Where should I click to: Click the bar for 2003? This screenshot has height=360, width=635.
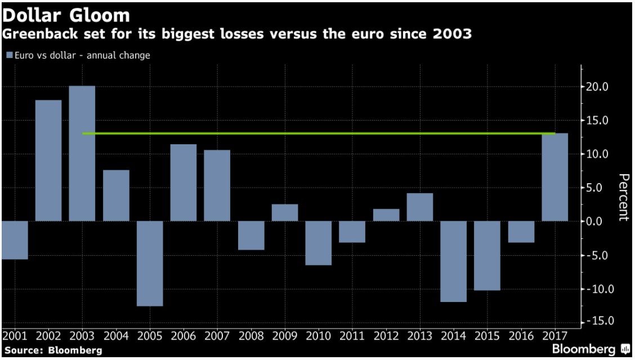pyautogui.click(x=82, y=153)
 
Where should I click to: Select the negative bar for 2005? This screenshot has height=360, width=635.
pyautogui.click(x=150, y=263)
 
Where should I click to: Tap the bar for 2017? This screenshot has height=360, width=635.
pyautogui.click(x=554, y=177)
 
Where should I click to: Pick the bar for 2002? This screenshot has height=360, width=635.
pyautogui.click(x=48, y=161)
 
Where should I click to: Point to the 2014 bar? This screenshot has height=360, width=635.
pyautogui.click(x=453, y=261)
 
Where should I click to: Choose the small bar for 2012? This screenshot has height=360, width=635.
pyautogui.click(x=386, y=215)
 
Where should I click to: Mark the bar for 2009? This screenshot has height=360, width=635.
pyautogui.click(x=285, y=212)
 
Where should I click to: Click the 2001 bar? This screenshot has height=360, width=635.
pyautogui.click(x=15, y=240)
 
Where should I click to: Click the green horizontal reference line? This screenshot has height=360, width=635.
pyautogui.click(x=319, y=134)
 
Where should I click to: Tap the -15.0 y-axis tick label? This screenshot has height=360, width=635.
pyautogui.click(x=596, y=321)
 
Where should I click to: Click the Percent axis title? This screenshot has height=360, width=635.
pyautogui.click(x=623, y=198)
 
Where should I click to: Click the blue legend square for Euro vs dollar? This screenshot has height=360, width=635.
pyautogui.click(x=10, y=55)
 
